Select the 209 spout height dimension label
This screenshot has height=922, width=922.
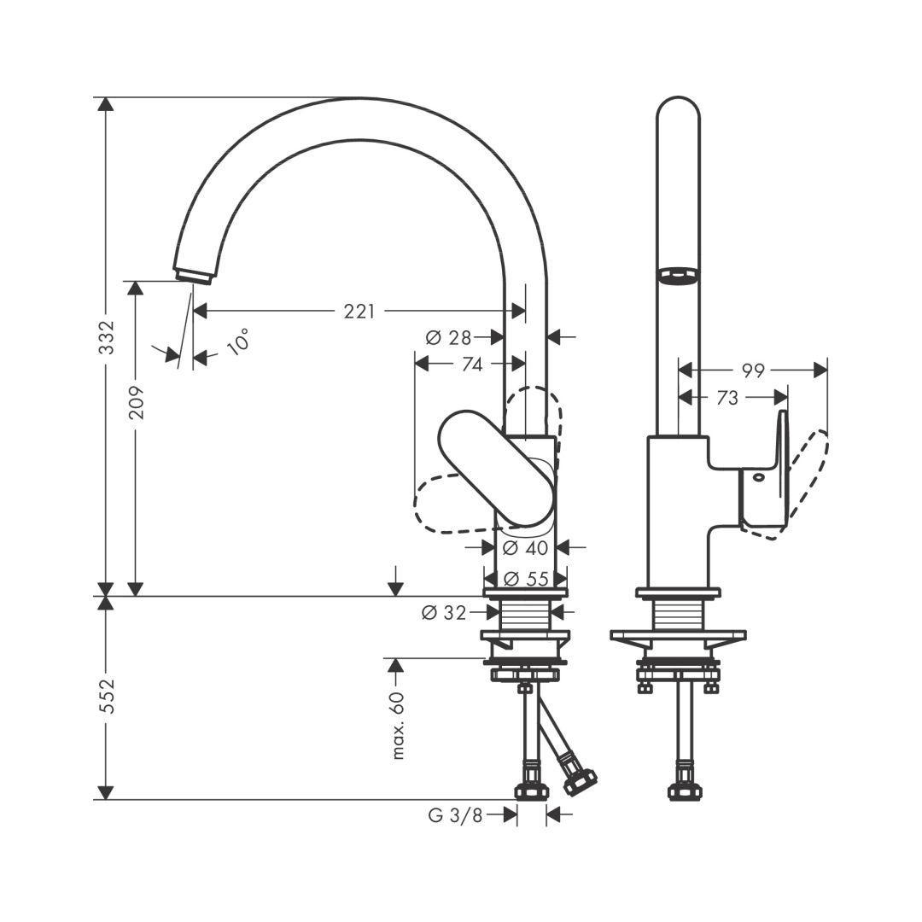click(136, 401)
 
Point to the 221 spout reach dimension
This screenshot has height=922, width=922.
click(359, 312)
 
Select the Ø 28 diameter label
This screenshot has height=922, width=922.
click(449, 337)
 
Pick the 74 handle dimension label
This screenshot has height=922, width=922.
click(471, 365)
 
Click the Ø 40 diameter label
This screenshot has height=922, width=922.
click(524, 547)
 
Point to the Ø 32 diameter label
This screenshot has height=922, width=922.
click(445, 612)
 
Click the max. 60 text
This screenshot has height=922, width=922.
click(398, 726)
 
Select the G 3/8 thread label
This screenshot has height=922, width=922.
click(455, 815)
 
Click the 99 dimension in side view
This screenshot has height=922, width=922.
click(752, 371)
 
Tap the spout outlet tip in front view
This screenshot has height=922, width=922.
click(194, 275)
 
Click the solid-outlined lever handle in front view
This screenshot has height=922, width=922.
click(495, 465)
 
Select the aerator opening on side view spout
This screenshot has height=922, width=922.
click(677, 275)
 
